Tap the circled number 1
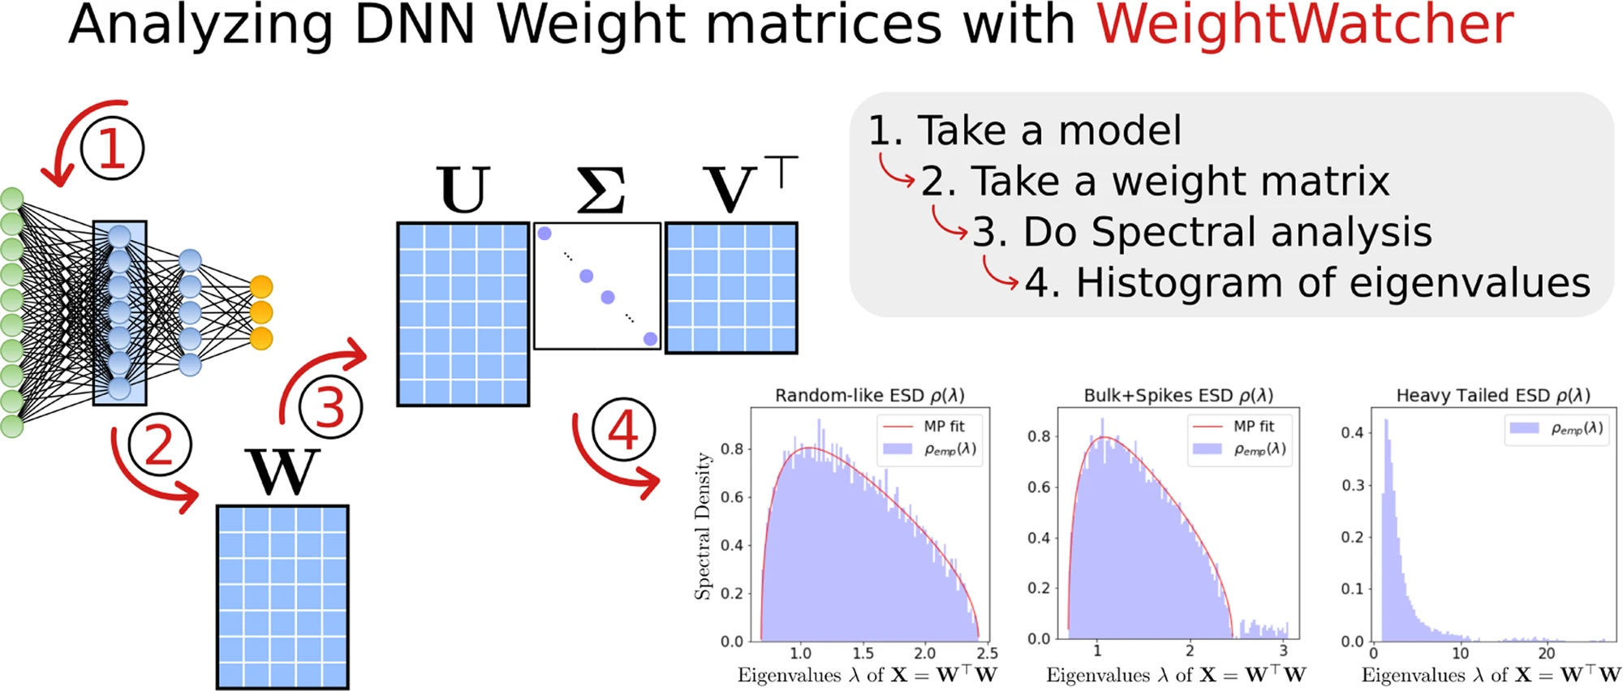pyautogui.click(x=112, y=149)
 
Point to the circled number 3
pyautogui.click(x=329, y=407)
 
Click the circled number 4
pyautogui.click(x=622, y=430)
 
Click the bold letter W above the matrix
pyautogui.click(x=282, y=471)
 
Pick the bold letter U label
pyautogui.click(x=463, y=190)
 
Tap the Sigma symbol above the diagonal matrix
pyautogui.click(x=601, y=191)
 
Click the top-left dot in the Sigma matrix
pyautogui.click(x=545, y=234)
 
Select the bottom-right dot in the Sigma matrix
pyautogui.click(x=650, y=339)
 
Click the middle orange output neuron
pyautogui.click(x=261, y=312)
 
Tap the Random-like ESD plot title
pyautogui.click(x=869, y=395)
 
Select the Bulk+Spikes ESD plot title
pyautogui.click(x=1178, y=395)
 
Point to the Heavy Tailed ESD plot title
pyautogui.click(x=1492, y=395)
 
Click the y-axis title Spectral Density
pyautogui.click(x=703, y=526)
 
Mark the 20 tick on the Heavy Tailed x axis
pyautogui.click(x=1547, y=654)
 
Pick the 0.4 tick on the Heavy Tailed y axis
pyautogui.click(x=1352, y=433)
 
